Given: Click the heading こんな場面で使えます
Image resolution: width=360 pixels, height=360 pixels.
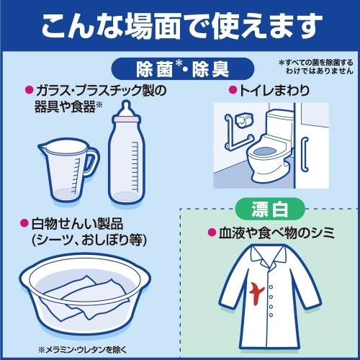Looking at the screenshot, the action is coord(181,26).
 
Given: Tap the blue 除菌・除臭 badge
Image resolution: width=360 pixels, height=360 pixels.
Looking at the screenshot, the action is coord(183,69).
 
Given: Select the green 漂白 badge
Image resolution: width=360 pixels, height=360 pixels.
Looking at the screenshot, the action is coord(270,209).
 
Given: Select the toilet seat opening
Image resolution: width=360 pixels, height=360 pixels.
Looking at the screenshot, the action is coord(265,151).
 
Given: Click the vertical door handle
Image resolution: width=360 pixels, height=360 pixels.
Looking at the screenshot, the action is coord(305,154).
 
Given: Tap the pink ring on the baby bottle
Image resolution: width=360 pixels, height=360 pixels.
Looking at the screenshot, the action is coord(126,120).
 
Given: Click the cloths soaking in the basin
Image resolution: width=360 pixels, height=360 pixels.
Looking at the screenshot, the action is coord(84,297).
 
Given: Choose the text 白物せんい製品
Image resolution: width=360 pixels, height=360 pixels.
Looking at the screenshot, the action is coord(77,224).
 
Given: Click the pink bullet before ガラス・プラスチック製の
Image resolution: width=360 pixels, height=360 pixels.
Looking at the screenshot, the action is coord(29,91).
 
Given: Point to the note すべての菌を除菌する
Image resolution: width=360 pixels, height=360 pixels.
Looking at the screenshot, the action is coord(316,63).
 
